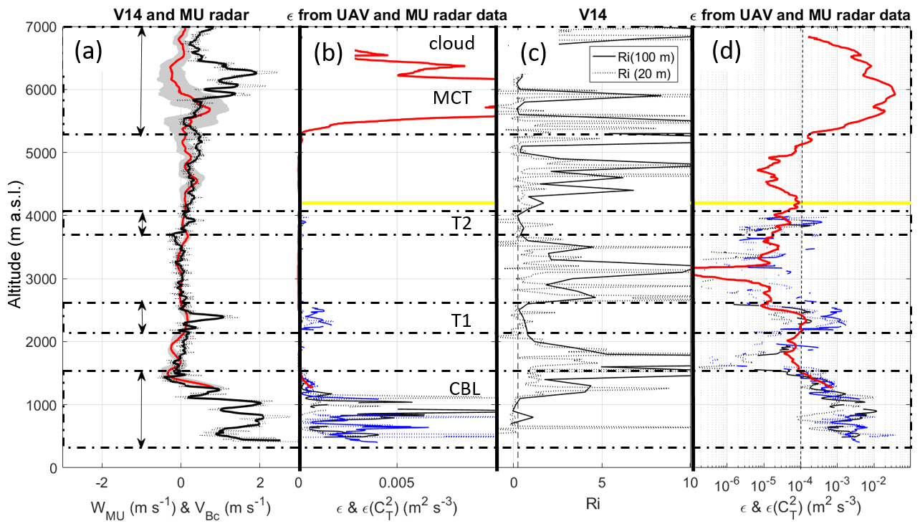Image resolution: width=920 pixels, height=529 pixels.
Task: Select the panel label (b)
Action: tap(327, 51)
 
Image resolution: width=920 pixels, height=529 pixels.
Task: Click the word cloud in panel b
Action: tap(451, 44)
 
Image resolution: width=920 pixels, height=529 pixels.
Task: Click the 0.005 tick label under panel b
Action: tap(398, 482)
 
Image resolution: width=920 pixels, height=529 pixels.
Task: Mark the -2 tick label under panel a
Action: tap(102, 482)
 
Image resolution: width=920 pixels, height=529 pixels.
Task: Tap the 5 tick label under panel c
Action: tap(602, 482)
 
